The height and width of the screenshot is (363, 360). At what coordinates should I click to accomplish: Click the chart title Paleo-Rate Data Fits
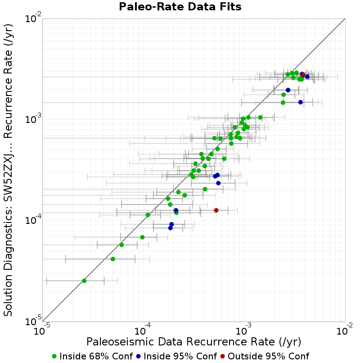[x=180, y=6]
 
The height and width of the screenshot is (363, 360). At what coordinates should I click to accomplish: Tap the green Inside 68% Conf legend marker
[x=54, y=356]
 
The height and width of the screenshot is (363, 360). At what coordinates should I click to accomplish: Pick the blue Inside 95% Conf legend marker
[x=138, y=356]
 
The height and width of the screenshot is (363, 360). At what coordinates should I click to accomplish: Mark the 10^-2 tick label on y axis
[x=33, y=18]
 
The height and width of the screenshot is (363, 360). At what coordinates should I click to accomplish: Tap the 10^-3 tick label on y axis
[x=33, y=119]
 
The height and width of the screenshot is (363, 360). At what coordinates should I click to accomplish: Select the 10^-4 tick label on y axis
[x=33, y=220]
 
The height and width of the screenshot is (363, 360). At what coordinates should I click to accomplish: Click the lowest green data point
[x=84, y=281]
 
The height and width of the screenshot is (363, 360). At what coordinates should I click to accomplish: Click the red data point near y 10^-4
[x=216, y=210]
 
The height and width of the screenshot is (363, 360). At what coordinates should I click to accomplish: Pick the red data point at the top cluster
[x=303, y=75]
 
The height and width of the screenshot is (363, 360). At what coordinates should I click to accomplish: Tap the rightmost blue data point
[x=307, y=77]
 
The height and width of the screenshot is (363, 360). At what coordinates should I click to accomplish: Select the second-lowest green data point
[x=113, y=259]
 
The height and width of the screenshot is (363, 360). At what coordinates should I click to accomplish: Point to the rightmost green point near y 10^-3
[x=260, y=118]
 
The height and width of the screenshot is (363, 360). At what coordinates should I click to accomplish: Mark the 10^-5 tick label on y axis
[x=33, y=321]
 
